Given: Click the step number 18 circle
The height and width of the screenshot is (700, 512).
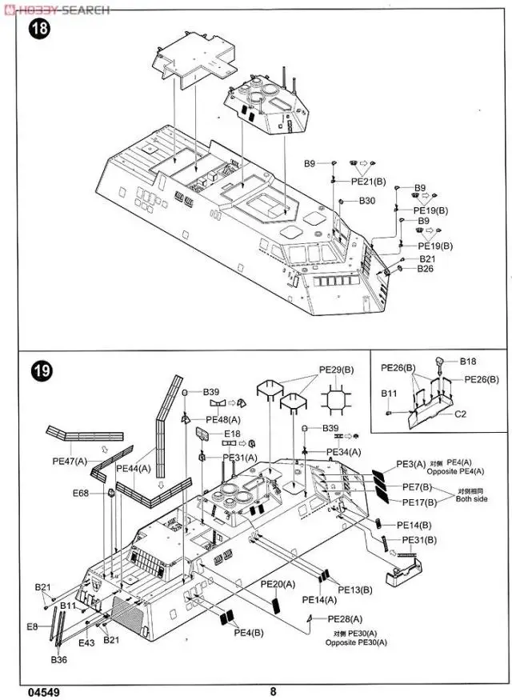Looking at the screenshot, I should pos(38,30).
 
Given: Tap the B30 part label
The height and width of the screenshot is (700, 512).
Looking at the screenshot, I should pos(367,200).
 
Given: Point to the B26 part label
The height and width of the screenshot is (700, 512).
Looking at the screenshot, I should pos(426,270).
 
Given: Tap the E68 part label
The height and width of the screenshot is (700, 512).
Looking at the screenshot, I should pos(80,493).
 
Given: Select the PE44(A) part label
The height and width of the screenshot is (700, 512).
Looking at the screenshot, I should pos(134,468).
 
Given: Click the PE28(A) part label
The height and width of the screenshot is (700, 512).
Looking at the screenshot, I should pos(345,619).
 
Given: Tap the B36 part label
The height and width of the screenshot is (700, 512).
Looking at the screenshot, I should pos(59,660).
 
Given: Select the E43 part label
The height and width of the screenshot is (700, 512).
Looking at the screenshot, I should pos(88,642).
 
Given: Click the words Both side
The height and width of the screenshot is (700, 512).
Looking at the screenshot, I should pos(472,500).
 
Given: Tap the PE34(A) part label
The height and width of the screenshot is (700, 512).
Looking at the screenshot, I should pos(344,452).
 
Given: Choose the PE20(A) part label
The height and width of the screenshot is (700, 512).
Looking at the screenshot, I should pos(278,586).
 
